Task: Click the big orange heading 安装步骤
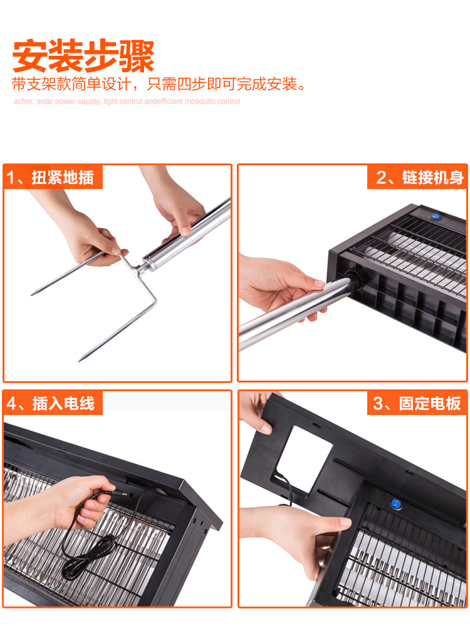tap(83, 56)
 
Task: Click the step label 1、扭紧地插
tap(50, 178)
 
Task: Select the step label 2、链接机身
tap(420, 178)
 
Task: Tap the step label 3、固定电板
tap(417, 404)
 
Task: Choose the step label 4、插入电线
tap(50, 404)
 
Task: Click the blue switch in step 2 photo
tap(436, 216)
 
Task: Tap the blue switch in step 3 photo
tap(395, 504)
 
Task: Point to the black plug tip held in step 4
tap(122, 495)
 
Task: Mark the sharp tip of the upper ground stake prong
tap(33, 294)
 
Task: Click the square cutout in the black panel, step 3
tap(305, 459)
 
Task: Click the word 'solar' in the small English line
tap(44, 101)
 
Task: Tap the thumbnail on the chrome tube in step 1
tap(185, 231)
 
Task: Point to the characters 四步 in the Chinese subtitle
tap(192, 85)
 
